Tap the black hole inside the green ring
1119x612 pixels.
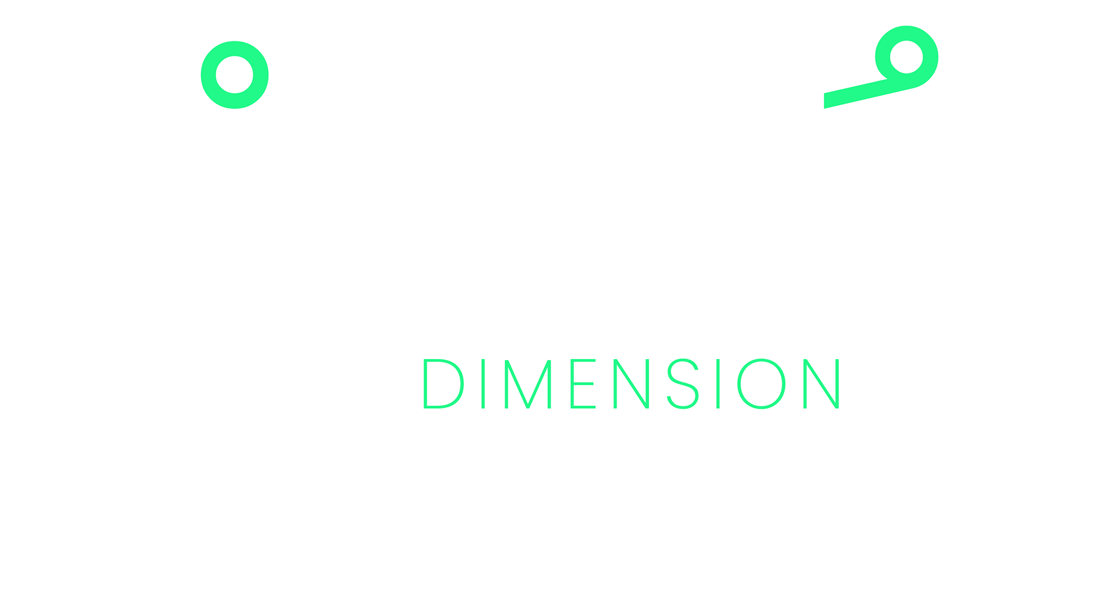pyautogui.click(x=234, y=75)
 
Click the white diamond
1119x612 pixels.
pyautogui.click(x=956, y=378)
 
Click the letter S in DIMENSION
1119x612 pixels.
pyautogui.click(x=682, y=384)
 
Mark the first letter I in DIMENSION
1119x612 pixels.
pyautogui.click(x=483, y=384)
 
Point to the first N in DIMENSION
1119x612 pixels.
pyautogui.click(x=631, y=384)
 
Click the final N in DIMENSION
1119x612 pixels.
pyautogui.click(x=822, y=384)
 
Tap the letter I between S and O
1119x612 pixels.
pyautogui.click(x=716, y=384)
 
